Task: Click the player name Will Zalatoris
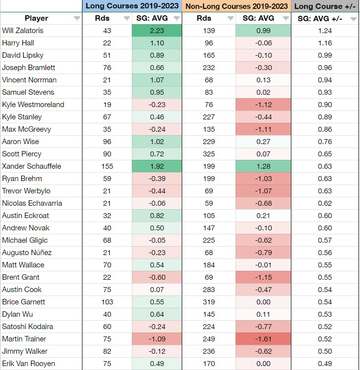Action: coord(23,31)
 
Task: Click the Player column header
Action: coord(37,18)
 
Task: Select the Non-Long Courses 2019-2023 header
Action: coord(237,6)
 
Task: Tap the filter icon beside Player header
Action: coord(77,18)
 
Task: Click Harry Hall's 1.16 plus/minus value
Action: coord(325,43)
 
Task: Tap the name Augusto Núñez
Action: coord(27,253)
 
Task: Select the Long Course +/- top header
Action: coord(325,6)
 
